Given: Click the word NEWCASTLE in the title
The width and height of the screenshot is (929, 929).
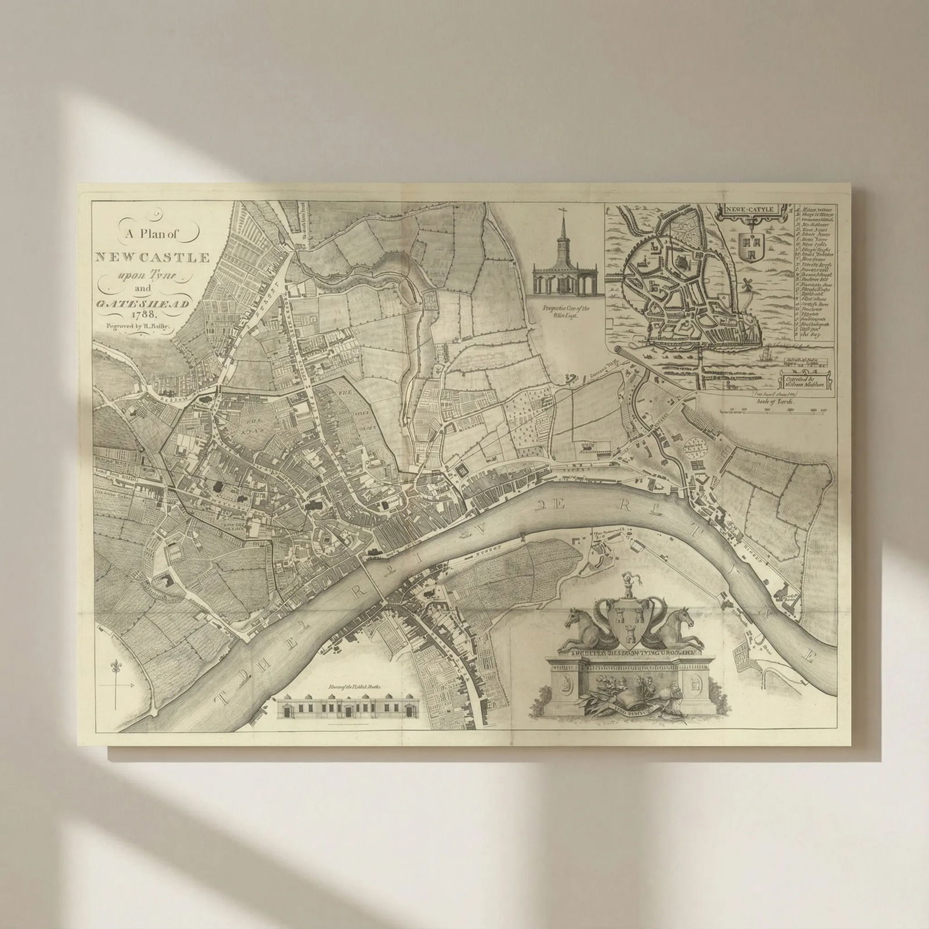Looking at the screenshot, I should (x=152, y=258).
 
